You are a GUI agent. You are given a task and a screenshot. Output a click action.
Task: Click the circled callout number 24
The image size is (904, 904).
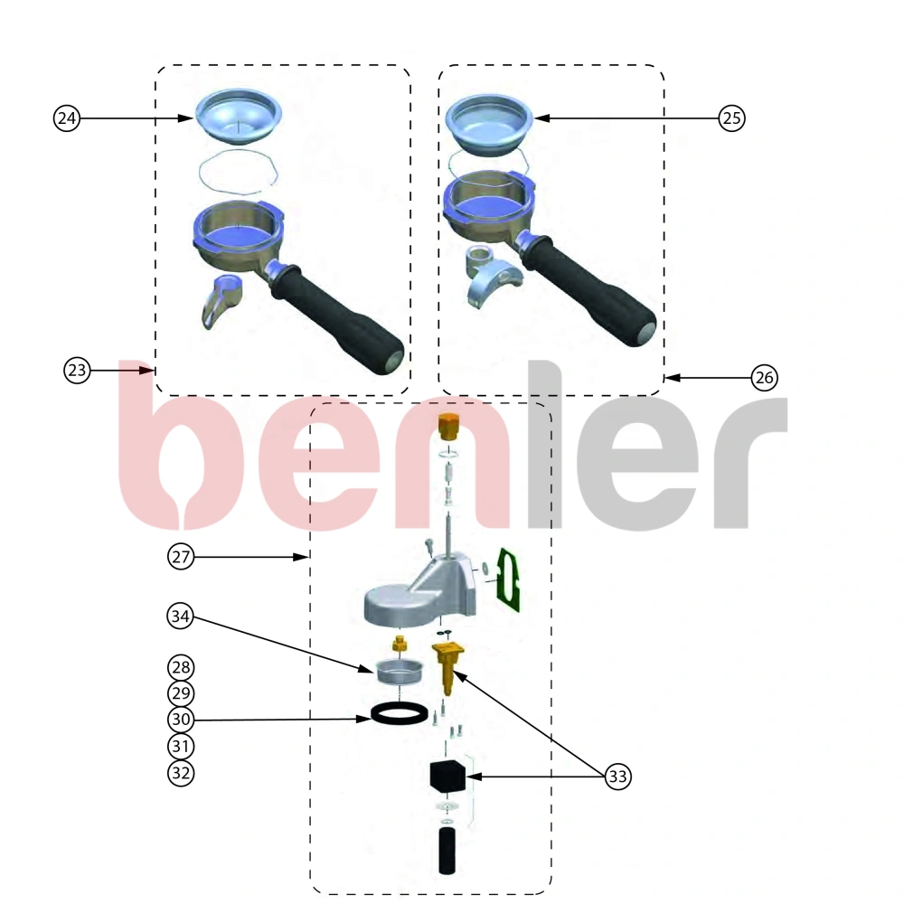(67, 118)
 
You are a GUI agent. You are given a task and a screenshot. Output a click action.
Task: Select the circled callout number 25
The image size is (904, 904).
(731, 118)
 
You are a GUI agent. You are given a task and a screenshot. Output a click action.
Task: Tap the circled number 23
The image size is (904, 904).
(77, 370)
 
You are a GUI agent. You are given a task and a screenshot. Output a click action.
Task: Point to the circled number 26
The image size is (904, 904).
(765, 378)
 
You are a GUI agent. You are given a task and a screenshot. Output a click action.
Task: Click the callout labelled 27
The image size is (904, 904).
(181, 557)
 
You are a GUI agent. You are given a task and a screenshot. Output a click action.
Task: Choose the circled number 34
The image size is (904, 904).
(181, 617)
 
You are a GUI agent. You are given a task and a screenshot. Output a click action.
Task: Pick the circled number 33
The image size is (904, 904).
(618, 776)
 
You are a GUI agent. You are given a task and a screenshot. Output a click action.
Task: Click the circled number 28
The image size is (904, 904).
(181, 668)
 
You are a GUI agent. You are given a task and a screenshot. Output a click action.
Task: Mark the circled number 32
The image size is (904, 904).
(181, 773)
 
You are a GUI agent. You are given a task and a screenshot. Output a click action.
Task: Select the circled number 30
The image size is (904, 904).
(181, 720)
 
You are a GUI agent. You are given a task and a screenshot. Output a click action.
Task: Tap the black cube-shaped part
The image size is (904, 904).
(447, 776)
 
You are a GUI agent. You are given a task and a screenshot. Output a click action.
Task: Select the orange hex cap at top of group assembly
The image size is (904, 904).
(448, 426)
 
